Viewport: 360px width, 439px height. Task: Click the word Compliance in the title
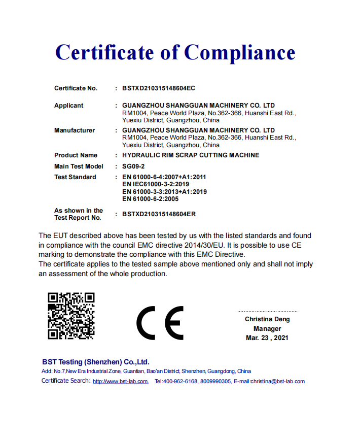tap(239, 52)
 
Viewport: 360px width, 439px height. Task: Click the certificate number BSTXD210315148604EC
tap(159, 88)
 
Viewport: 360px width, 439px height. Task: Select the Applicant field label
tap(69, 106)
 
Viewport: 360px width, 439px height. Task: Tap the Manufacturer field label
tap(75, 130)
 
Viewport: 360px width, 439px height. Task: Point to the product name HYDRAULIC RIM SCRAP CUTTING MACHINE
tap(191, 155)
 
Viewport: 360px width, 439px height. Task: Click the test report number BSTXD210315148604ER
tap(159, 214)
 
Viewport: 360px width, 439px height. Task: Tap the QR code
tap(71, 316)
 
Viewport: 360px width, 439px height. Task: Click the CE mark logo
tap(160, 323)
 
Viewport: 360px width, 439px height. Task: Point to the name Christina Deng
tap(267, 319)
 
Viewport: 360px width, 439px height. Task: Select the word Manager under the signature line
tap(267, 328)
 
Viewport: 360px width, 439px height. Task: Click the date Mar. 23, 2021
tap(267, 337)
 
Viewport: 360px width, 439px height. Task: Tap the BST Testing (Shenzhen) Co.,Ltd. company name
tap(96, 362)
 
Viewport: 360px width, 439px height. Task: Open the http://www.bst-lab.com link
tap(121, 382)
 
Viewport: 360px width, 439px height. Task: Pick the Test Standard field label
tap(75, 177)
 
